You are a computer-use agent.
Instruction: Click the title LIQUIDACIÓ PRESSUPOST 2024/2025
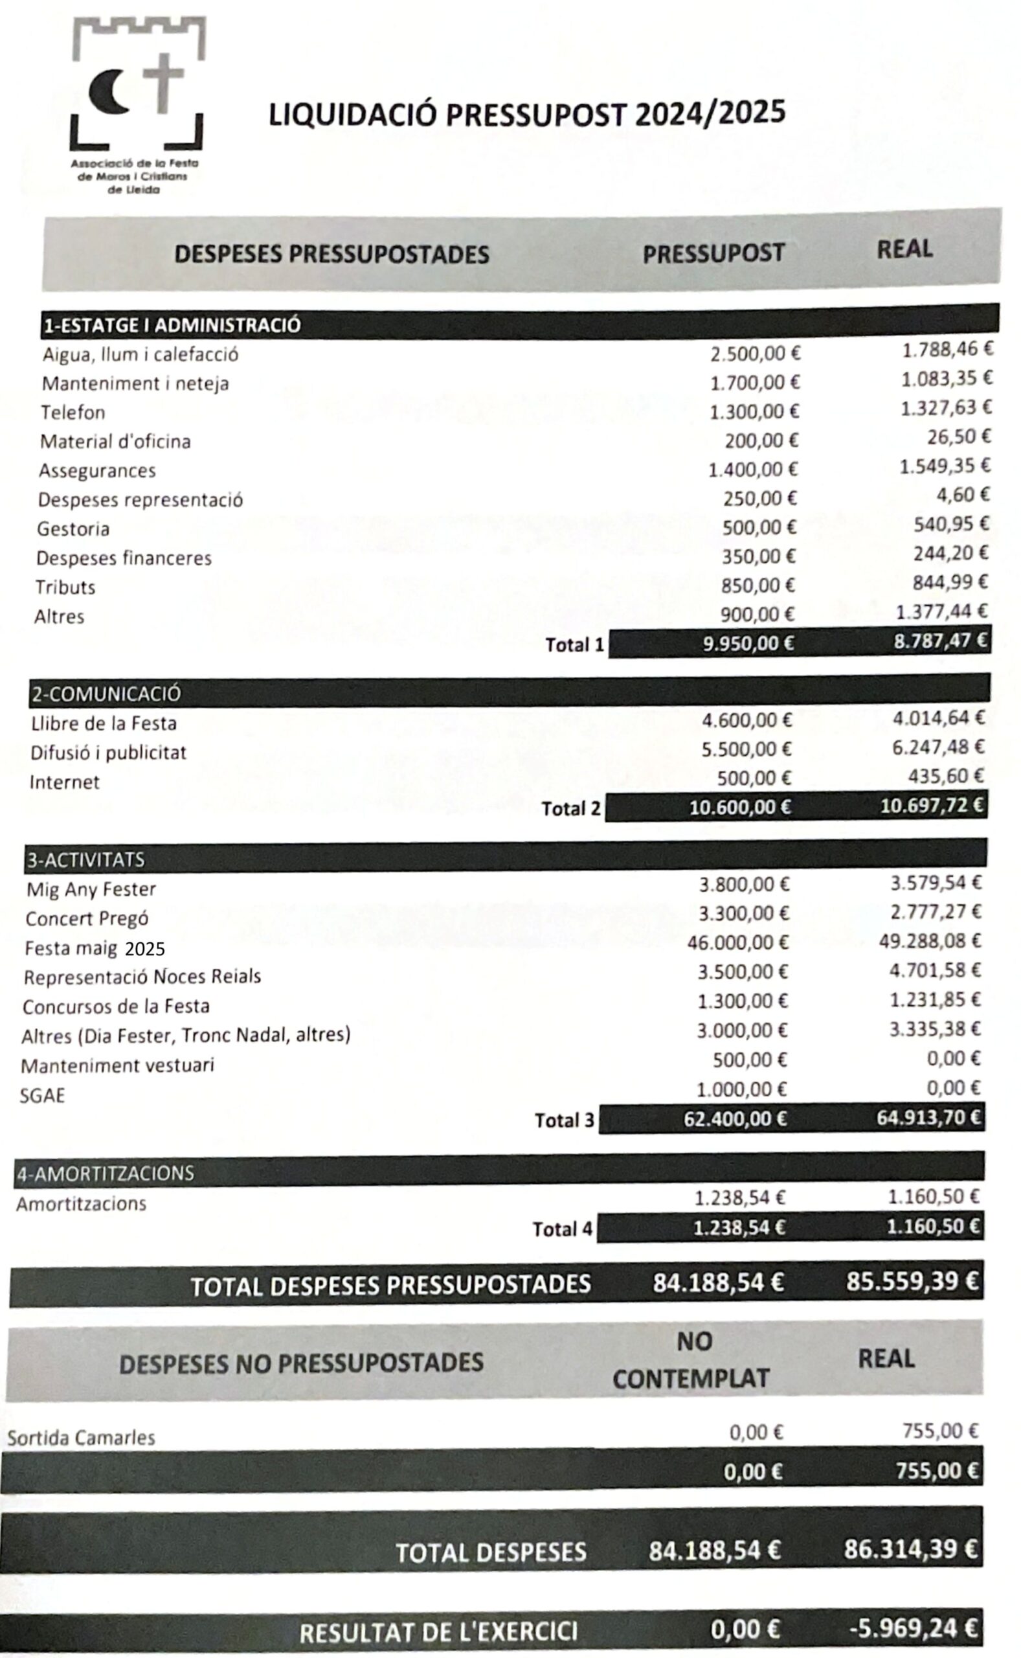point(527,113)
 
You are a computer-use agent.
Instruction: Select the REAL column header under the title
point(904,249)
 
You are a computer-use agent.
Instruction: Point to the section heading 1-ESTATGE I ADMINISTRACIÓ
point(172,326)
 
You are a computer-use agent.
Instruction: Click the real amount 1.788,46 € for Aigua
point(947,349)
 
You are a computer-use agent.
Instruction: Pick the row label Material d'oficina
point(115,442)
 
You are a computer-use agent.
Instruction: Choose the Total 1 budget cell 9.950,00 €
point(748,644)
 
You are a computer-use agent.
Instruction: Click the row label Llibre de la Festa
point(104,723)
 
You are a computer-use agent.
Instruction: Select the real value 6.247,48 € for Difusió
point(938,747)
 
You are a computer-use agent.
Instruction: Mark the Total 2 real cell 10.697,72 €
point(932,805)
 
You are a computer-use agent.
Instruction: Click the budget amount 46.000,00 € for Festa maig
point(737,942)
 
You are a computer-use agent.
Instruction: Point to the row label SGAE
point(43,1095)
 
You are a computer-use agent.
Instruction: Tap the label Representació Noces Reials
point(142,977)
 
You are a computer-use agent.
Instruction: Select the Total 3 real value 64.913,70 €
point(928,1118)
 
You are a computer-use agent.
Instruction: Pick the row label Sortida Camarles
point(81,1438)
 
